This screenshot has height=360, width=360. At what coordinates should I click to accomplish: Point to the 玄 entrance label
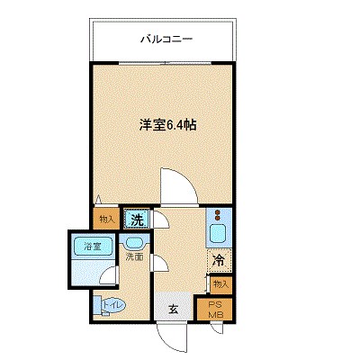tap(172, 310)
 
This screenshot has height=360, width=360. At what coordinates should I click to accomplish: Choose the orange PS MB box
tap(216, 310)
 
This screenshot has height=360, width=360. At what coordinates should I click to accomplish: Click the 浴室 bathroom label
tap(91, 245)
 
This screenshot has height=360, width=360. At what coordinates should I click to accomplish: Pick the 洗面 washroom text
tap(134, 256)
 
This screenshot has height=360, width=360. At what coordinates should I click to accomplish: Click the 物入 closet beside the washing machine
tap(106, 219)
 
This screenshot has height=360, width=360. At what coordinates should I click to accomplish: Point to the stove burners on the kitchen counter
tap(217, 217)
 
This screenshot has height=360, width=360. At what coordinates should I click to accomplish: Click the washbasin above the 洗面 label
tap(135, 241)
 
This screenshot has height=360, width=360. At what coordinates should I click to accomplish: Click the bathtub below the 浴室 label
tap(90, 266)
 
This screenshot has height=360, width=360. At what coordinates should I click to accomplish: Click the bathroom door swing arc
tap(107, 279)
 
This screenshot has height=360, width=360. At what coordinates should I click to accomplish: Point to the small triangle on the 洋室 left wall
tap(97, 199)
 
